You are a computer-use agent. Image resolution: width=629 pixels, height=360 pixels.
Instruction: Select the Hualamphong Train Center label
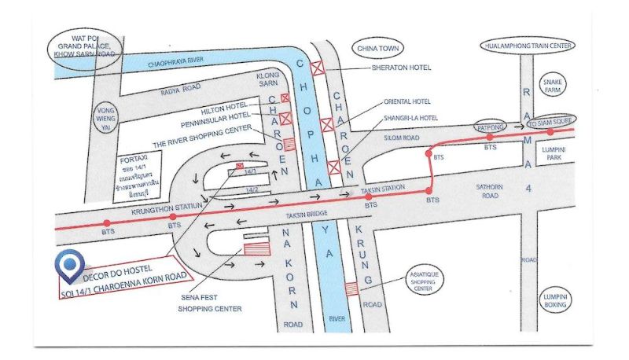tap(527, 46)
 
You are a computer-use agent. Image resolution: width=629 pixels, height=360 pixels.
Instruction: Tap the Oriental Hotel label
tap(406, 101)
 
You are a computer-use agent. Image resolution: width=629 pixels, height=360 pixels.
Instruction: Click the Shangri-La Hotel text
tap(410, 118)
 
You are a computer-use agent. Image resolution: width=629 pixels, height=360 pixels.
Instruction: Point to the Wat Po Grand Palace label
tap(85, 46)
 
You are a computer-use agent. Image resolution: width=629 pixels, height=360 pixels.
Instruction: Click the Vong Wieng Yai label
tap(105, 116)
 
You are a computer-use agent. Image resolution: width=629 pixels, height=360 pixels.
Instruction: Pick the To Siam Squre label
tap(550, 123)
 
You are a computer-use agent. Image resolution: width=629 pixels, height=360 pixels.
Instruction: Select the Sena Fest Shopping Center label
tap(209, 303)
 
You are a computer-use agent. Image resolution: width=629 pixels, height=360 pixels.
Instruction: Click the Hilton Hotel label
tap(224, 105)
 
